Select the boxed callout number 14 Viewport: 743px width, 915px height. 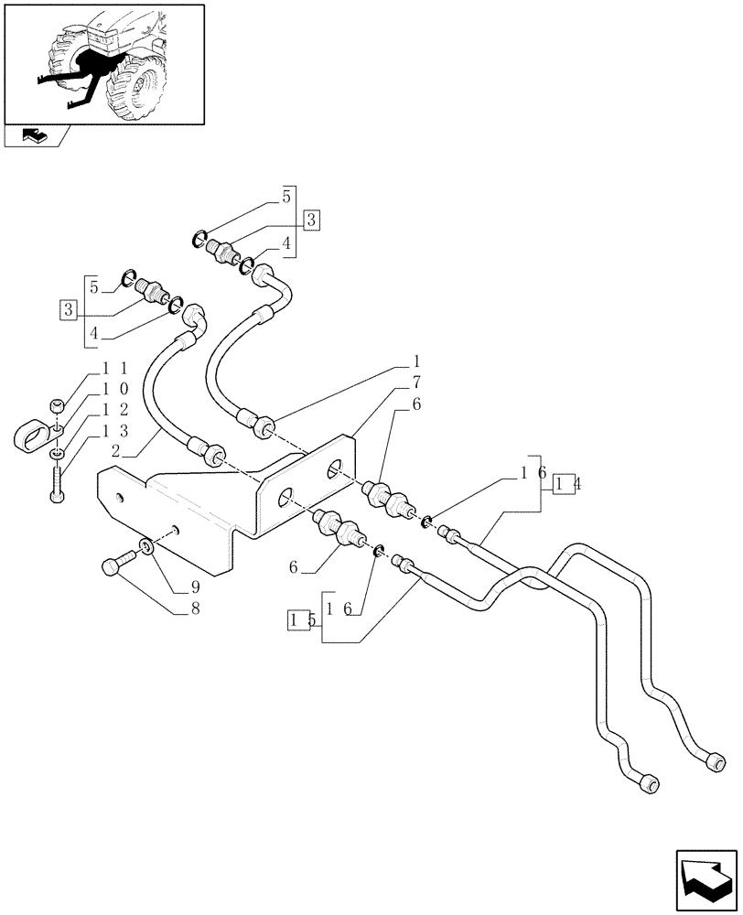pyautogui.click(x=563, y=483)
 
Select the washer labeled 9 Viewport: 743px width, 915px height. pyautogui.click(x=145, y=548)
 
